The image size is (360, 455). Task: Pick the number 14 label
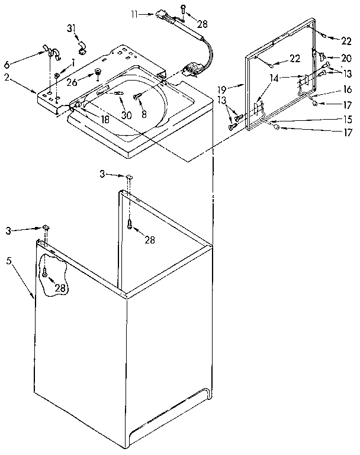tap(274, 78)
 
